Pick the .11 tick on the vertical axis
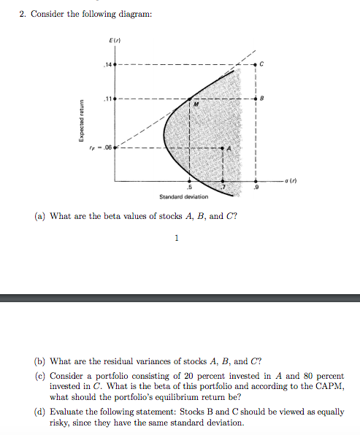(x=109, y=97)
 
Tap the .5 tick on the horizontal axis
(x=191, y=187)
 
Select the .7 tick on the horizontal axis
(x=224, y=187)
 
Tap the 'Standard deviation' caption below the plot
(x=183, y=196)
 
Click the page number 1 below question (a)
(x=176, y=237)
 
